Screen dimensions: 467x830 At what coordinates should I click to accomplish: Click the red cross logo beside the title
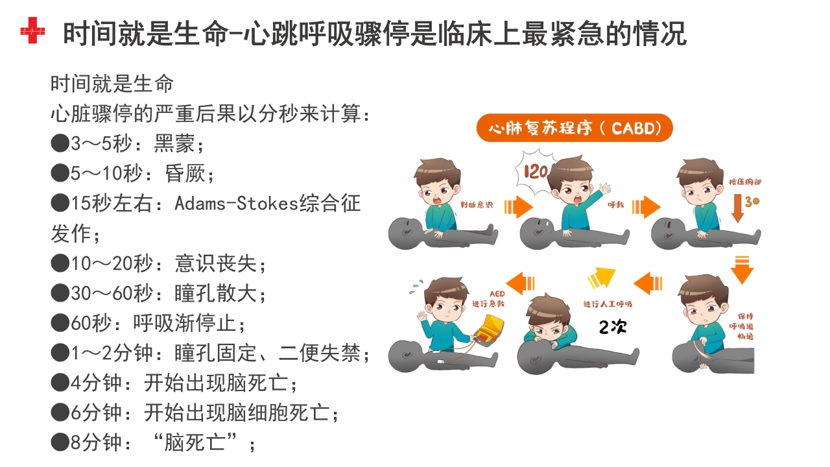click(x=32, y=31)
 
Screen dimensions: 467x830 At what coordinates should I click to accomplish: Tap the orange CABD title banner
click(x=575, y=128)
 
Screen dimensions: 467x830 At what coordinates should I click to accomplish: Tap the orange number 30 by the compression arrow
click(x=752, y=201)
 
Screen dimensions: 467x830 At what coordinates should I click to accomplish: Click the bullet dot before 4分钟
click(x=60, y=383)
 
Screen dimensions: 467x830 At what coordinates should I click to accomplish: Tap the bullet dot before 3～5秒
click(x=60, y=143)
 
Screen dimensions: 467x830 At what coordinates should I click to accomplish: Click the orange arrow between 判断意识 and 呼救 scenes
click(x=519, y=207)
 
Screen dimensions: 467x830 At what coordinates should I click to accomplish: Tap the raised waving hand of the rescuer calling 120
click(x=604, y=190)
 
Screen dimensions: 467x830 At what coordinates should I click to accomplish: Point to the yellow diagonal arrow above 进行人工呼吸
click(x=601, y=278)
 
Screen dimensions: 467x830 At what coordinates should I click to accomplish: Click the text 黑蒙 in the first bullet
click(x=174, y=143)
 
